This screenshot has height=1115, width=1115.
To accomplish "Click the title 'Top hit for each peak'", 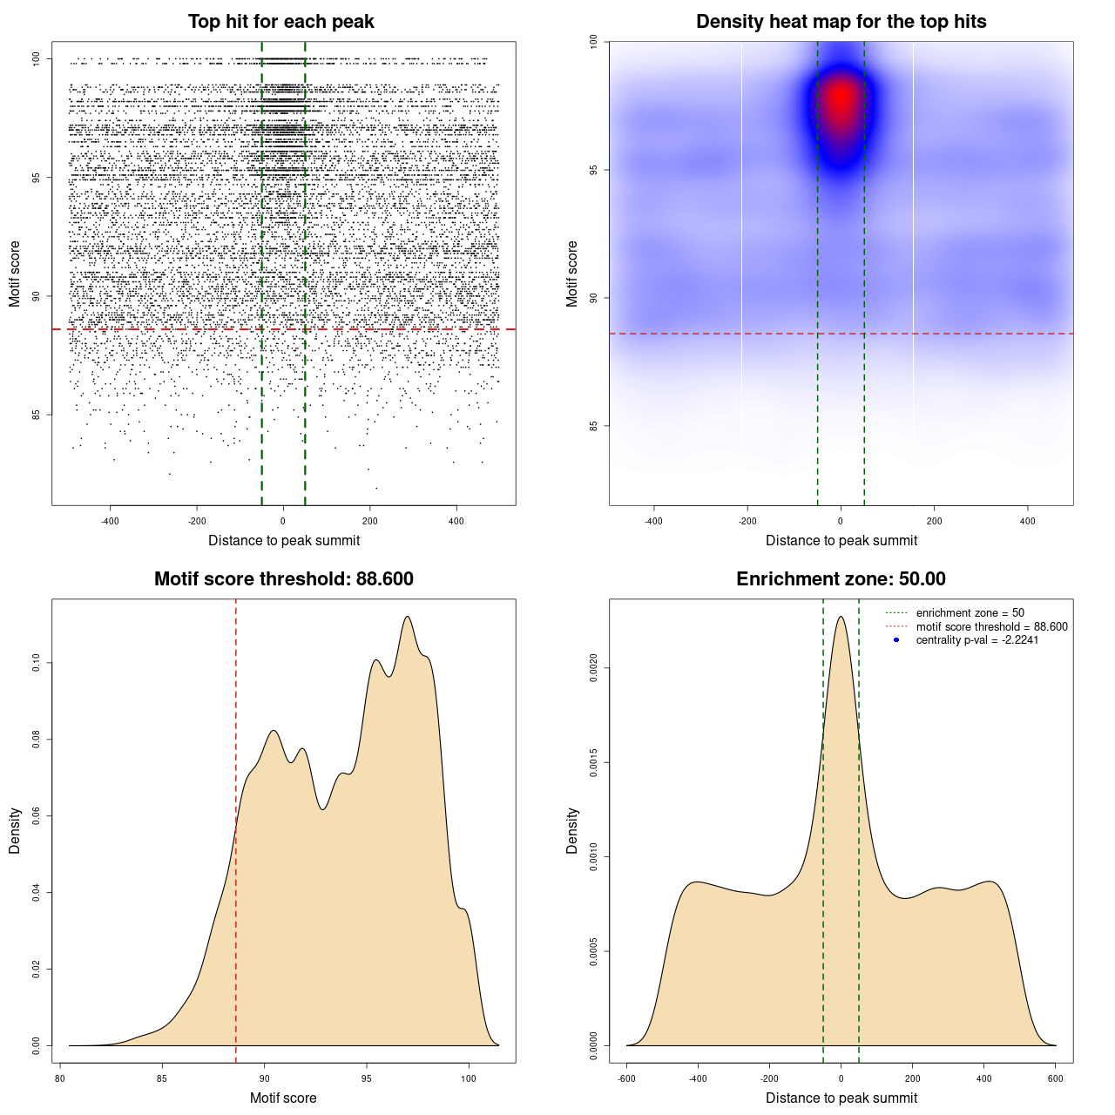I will click(x=280, y=22).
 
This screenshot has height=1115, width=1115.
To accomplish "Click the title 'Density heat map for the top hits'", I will click(x=841, y=22).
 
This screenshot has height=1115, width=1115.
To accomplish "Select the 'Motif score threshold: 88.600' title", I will click(x=283, y=579).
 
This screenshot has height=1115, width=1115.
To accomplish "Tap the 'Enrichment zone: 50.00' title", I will click(x=841, y=579).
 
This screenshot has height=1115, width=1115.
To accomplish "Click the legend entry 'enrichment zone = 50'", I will click(x=970, y=613).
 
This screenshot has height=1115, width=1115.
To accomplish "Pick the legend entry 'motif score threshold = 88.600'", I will click(x=991, y=626).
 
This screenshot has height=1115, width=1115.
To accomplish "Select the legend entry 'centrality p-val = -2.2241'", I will click(x=976, y=640).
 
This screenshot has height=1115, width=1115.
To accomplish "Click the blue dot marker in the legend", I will click(x=896, y=640).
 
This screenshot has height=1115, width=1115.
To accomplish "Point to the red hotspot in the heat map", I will click(x=841, y=100).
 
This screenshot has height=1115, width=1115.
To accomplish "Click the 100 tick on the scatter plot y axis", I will click(x=37, y=59).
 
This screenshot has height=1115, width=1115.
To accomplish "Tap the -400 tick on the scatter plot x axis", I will click(x=110, y=521).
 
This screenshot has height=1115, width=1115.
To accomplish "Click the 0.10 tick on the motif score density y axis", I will click(x=37, y=663).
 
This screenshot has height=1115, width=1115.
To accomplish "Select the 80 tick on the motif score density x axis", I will click(x=59, y=1078).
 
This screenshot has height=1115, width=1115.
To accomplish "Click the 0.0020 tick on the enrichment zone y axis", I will click(x=594, y=668).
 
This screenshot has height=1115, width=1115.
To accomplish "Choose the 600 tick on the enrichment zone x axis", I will click(x=1056, y=1078).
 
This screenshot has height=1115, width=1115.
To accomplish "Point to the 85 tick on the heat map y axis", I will click(x=594, y=426).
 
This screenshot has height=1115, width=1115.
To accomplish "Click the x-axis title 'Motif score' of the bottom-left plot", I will click(x=283, y=1098).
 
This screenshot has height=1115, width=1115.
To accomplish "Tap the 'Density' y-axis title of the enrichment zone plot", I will click(x=572, y=830).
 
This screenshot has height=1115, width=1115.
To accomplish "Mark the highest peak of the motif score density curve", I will click(x=407, y=617).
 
